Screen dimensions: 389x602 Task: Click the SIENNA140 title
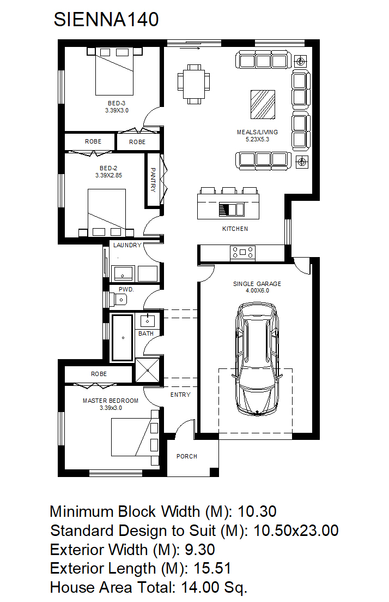click(x=106, y=20)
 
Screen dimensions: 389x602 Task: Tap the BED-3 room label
click(x=117, y=103)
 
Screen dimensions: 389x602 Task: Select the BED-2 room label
click(x=108, y=168)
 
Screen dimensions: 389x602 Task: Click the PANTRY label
click(x=153, y=180)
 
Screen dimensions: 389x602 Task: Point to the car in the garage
click(x=257, y=359)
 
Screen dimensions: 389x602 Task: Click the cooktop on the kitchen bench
click(x=242, y=252)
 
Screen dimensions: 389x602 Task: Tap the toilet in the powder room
click(x=118, y=299)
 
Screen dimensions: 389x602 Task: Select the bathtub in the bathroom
click(x=122, y=338)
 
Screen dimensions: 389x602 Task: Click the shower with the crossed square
click(x=148, y=371)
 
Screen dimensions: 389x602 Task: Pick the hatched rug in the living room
click(x=263, y=104)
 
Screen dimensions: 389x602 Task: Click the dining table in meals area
click(x=194, y=84)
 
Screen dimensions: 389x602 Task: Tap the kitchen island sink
click(x=232, y=210)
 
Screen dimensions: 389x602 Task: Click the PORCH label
click(x=187, y=456)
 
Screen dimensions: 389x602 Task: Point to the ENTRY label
click(x=180, y=395)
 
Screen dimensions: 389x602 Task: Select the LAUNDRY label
click(x=127, y=245)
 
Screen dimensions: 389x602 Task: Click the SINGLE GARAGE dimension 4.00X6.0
click(x=258, y=291)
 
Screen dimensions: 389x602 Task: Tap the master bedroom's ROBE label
click(x=99, y=374)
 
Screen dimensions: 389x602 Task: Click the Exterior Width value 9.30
click(x=199, y=550)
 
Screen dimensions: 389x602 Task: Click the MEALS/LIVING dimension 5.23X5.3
click(x=258, y=139)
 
